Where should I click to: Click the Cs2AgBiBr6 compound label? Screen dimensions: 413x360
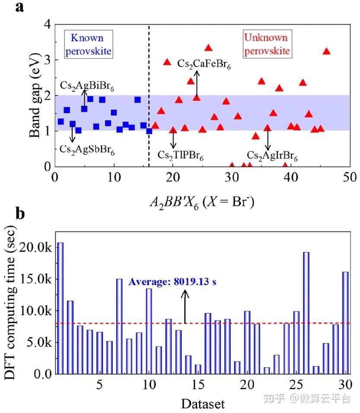(x=87, y=85)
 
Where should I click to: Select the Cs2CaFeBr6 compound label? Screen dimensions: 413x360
(x=204, y=65)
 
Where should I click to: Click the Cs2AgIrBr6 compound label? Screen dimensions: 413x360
(x=272, y=154)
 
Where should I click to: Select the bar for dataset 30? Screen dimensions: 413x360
(x=345, y=323)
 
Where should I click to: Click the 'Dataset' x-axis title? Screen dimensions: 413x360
(x=203, y=404)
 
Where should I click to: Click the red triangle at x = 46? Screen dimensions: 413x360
(x=326, y=51)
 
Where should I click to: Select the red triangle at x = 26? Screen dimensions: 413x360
(x=208, y=48)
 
